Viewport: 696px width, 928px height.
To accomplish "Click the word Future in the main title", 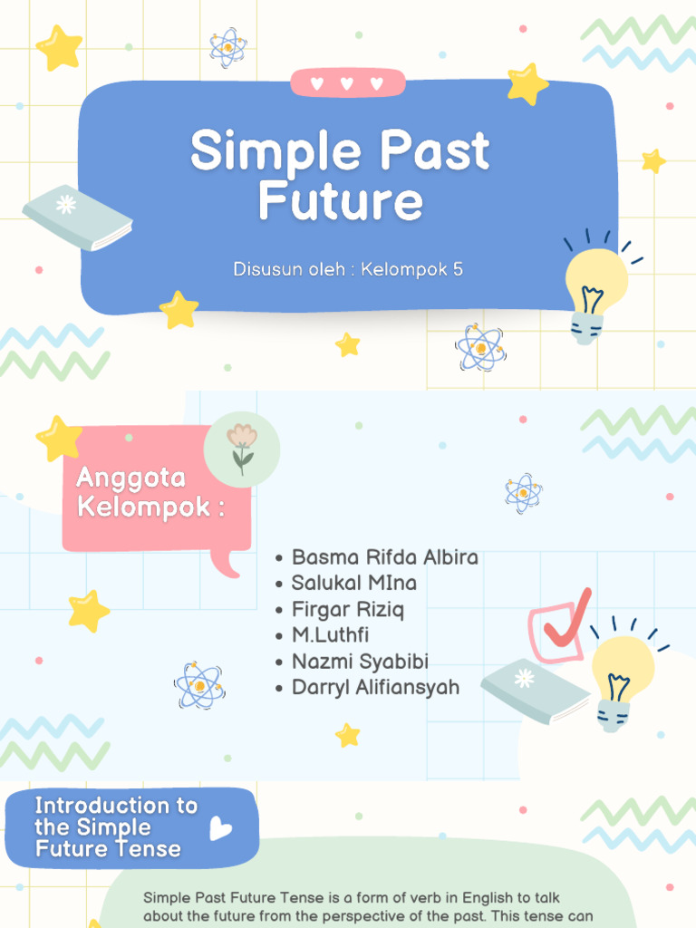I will [340, 201].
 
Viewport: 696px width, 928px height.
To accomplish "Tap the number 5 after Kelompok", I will [458, 269].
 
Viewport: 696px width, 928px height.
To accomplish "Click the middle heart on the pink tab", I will [346, 83].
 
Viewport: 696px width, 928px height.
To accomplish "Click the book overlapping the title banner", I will [77, 217].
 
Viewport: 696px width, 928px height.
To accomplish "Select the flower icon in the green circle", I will [242, 448].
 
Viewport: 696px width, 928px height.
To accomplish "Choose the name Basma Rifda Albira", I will [384, 556].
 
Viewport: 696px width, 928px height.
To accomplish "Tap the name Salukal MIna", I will [353, 583].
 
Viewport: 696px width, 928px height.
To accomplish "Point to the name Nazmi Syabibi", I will [360, 661].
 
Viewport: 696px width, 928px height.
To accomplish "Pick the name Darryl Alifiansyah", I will [375, 687].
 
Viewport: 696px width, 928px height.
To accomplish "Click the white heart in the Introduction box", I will [220, 827].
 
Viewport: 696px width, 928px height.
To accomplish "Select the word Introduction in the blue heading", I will [102, 806].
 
